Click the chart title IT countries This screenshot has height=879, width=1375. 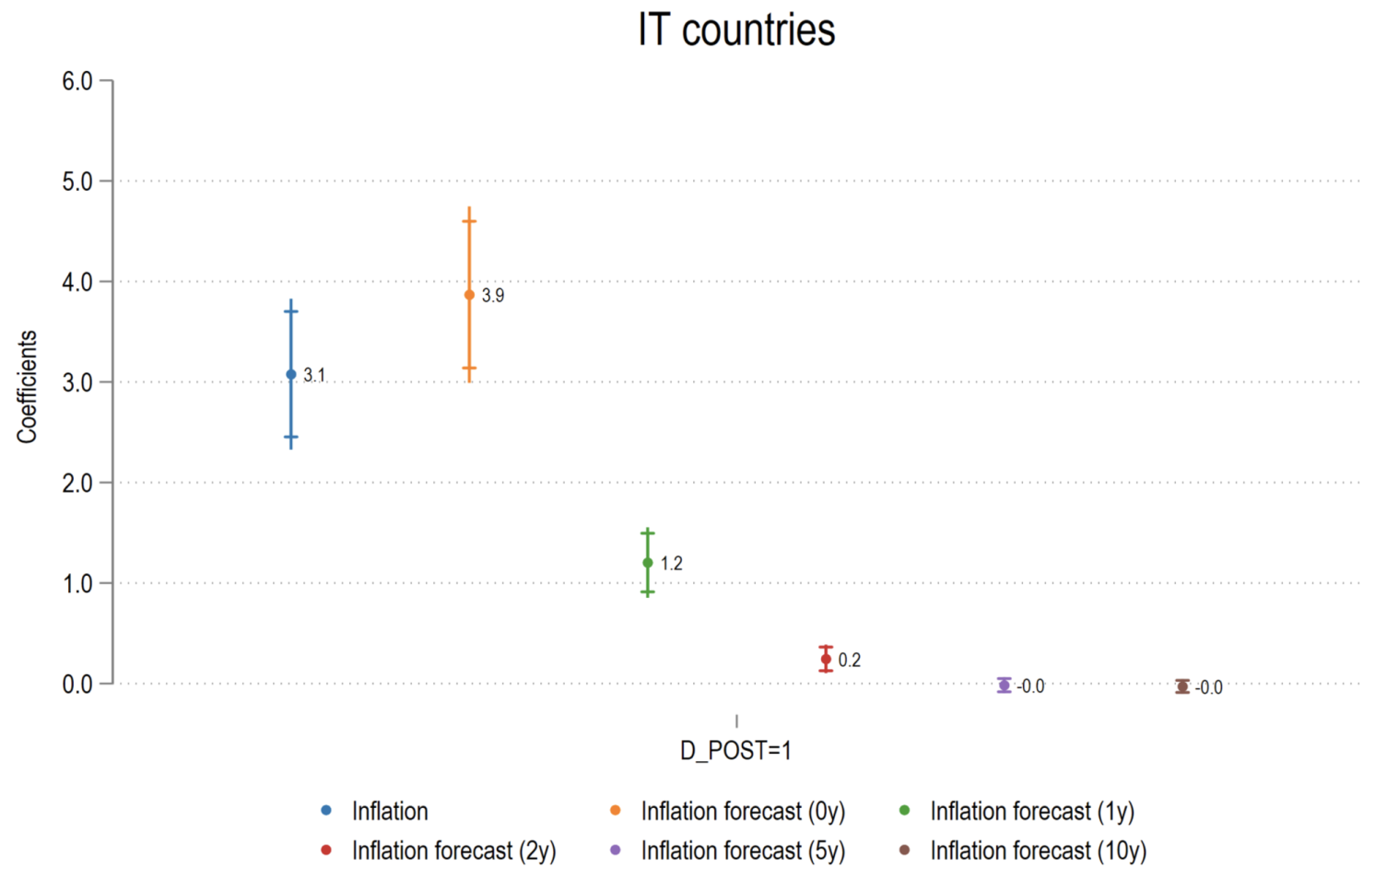point(735,30)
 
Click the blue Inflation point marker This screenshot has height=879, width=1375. point(291,374)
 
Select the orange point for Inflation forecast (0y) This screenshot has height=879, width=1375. point(469,295)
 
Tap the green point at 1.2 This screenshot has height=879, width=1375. point(648,563)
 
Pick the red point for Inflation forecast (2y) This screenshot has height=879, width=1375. point(826,659)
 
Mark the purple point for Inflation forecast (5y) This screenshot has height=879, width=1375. point(1005,685)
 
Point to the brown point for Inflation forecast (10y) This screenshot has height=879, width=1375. point(1182,686)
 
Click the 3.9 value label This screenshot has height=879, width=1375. point(493,296)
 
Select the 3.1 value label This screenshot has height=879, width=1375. point(314,375)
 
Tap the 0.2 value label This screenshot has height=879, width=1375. point(850,661)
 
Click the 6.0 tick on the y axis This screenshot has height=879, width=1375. point(77,81)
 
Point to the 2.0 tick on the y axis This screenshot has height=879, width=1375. point(77,483)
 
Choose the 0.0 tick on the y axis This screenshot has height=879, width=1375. point(77,684)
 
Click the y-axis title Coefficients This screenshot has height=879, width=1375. point(28,387)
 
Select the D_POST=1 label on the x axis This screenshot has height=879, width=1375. point(735,751)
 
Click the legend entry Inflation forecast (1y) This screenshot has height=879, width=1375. point(1031,812)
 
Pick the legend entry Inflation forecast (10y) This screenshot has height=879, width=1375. point(1038,851)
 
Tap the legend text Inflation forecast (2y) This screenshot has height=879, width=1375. point(453,851)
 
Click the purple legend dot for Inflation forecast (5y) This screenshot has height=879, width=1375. point(616,850)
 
